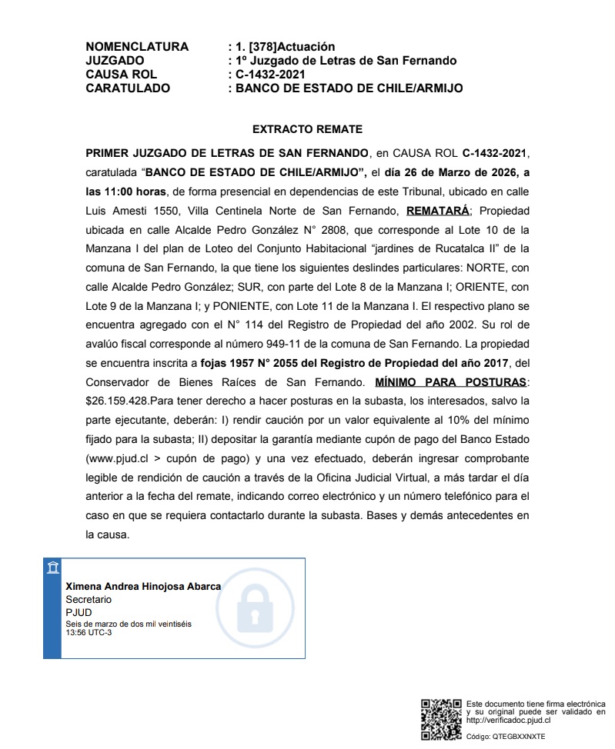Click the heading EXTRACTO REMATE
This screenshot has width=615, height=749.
(307, 129)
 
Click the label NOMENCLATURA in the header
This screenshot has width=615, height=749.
(137, 47)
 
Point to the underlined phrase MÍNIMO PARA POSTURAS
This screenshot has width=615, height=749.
(450, 382)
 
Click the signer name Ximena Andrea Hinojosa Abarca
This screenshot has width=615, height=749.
(143, 586)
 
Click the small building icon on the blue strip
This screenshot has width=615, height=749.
(52, 568)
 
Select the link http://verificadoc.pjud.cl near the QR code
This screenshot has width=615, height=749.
(509, 721)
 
